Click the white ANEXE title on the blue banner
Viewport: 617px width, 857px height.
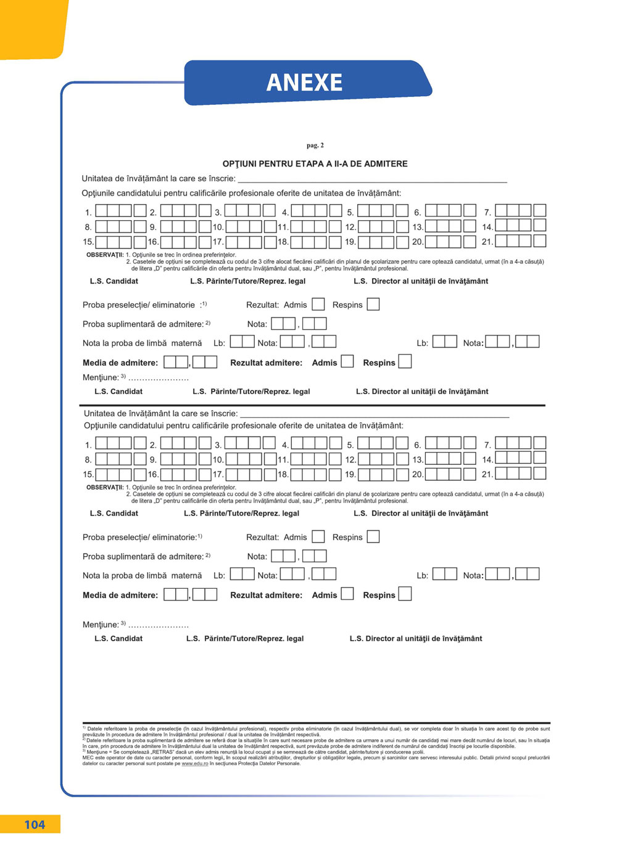tap(304, 83)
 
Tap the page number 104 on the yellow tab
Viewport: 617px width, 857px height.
tap(35, 825)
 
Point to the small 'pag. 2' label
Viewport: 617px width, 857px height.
tap(315, 146)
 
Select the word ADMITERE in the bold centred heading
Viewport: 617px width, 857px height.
tap(386, 164)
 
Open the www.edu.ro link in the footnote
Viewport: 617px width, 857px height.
tap(195, 764)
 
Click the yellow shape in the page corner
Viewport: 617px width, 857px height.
tap(31, 28)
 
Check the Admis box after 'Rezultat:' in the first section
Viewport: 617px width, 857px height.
tap(318, 304)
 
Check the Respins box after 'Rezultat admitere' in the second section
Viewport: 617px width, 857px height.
tap(405, 594)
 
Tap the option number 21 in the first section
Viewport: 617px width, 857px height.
tap(487, 242)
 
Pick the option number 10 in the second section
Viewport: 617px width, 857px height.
tap(218, 460)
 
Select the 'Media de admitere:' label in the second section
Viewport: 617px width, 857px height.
tap(120, 596)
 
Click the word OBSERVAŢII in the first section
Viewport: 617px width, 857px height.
tap(105, 255)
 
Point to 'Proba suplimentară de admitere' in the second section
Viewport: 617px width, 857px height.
tap(143, 557)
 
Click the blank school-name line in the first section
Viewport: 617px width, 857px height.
tap(372, 179)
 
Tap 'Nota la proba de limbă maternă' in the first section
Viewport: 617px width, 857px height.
tap(142, 343)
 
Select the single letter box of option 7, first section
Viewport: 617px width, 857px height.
tap(540, 210)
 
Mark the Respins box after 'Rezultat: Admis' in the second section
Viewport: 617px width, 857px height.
tap(373, 537)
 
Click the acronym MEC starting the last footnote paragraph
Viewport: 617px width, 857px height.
tap(88, 758)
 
